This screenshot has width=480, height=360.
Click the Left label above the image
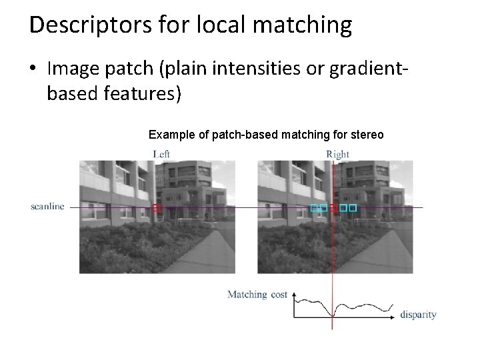pyautogui.click(x=161, y=154)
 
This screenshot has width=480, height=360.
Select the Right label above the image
pyautogui.click(x=337, y=154)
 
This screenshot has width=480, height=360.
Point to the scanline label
pyautogui.click(x=47, y=207)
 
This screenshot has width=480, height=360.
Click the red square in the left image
pyautogui.click(x=157, y=208)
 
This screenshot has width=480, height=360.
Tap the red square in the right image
pyautogui.click(x=333, y=208)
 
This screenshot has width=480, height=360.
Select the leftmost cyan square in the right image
pyautogui.click(x=314, y=208)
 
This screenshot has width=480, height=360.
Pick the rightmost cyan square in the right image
pyautogui.click(x=353, y=208)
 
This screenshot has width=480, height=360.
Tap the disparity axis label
pyautogui.click(x=418, y=315)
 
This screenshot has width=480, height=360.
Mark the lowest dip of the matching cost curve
pyautogui.click(x=332, y=317)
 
